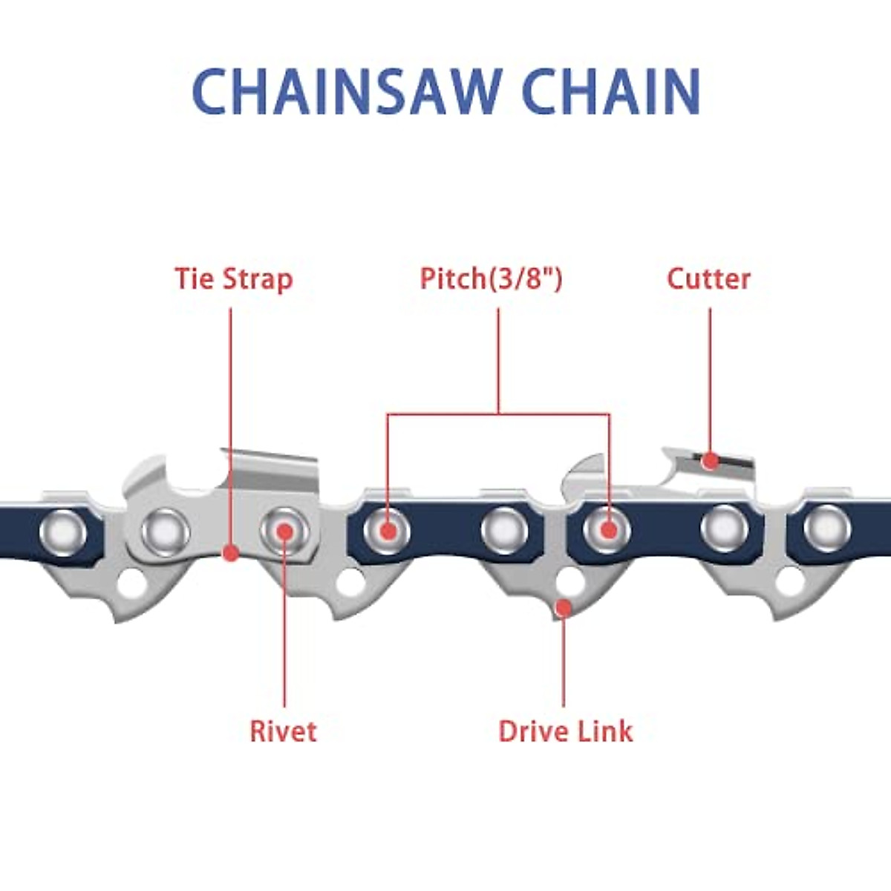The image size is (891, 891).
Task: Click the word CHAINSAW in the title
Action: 346,91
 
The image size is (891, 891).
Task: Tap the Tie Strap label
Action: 234,279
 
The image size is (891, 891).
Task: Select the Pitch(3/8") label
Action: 492,279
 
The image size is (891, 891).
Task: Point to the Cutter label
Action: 708,279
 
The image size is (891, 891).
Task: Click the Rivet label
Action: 283,731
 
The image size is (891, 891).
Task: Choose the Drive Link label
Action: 566,731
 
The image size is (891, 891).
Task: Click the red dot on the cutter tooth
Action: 711,461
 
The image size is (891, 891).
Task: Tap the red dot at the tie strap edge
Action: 231,552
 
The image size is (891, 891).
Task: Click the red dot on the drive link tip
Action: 564,608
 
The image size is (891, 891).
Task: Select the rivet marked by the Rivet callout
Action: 284,531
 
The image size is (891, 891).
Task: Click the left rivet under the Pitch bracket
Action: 386,531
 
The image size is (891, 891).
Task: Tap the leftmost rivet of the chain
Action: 62,532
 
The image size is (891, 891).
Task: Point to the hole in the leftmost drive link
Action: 132,583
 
